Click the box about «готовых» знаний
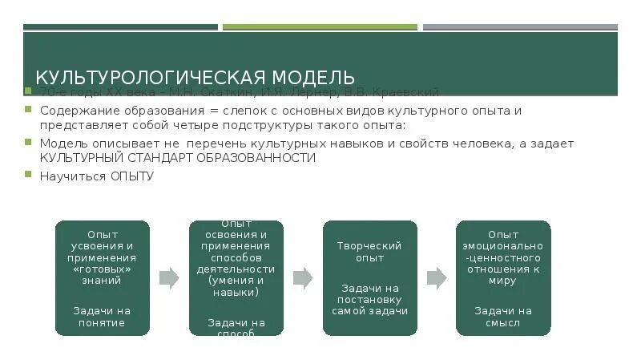tap(102, 277)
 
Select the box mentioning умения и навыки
tap(236, 277)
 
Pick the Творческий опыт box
tap(370, 277)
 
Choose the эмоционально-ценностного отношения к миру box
tap(503, 277)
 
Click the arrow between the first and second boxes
tap(169, 278)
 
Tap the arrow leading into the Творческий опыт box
tap(303, 278)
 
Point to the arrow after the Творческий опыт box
tap(437, 278)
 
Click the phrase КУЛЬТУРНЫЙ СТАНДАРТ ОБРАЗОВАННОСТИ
tap(177, 158)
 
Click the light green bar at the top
tap(320, 26)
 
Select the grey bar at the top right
tap(520, 26)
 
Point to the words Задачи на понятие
tap(102, 316)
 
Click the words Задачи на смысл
tap(503, 316)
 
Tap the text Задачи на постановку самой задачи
tap(370, 298)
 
